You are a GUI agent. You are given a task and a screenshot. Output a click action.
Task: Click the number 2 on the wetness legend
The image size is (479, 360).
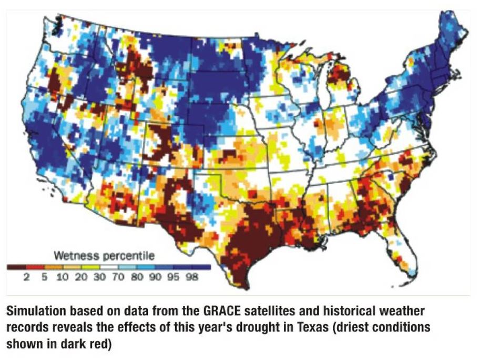(x=26, y=278)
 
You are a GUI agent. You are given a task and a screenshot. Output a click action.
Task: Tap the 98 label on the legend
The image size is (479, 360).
(x=192, y=278)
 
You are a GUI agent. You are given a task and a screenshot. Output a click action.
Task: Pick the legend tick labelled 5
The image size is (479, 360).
(x=45, y=278)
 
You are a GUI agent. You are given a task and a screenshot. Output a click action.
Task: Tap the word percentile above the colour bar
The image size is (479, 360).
(x=129, y=257)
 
